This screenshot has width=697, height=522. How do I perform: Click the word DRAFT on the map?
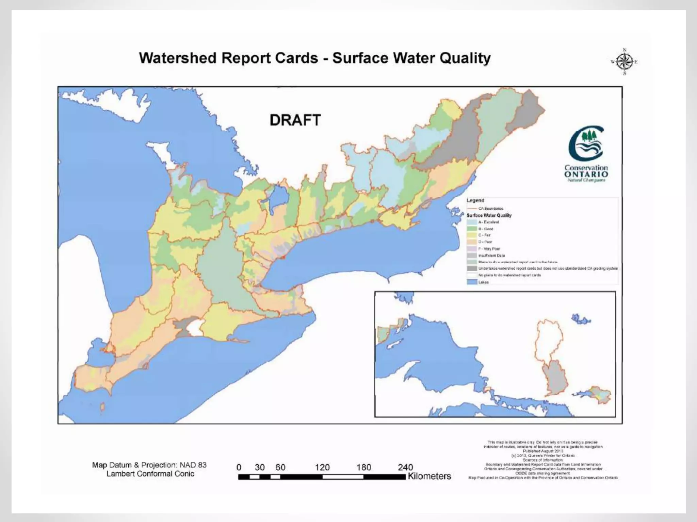pyautogui.click(x=295, y=120)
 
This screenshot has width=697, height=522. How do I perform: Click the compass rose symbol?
pyautogui.click(x=624, y=62)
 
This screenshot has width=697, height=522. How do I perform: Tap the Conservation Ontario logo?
pyautogui.click(x=586, y=153)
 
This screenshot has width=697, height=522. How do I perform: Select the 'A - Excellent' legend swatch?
pyautogui.click(x=472, y=222)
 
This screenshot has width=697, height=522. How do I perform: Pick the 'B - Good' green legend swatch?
pyautogui.click(x=472, y=229)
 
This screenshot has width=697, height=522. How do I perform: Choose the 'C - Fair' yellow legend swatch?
pyautogui.click(x=472, y=235)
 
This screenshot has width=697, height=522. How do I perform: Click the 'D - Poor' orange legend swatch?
pyautogui.click(x=472, y=242)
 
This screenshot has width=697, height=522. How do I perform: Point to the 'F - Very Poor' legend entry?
pyautogui.click(x=489, y=249)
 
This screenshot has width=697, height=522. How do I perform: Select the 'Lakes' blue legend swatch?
pyautogui.click(x=472, y=282)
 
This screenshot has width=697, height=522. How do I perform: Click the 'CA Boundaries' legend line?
pyautogui.click(x=472, y=209)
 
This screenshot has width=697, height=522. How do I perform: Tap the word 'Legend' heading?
pyautogui.click(x=475, y=201)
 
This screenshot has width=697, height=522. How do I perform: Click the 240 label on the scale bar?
pyautogui.click(x=405, y=467)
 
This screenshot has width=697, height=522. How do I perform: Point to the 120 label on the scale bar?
pyautogui.click(x=322, y=467)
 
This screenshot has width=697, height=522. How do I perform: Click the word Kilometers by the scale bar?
pyautogui.click(x=429, y=476)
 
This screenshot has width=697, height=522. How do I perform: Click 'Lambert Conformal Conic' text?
pyautogui.click(x=150, y=474)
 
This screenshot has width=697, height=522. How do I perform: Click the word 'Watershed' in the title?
pyautogui.click(x=177, y=58)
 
